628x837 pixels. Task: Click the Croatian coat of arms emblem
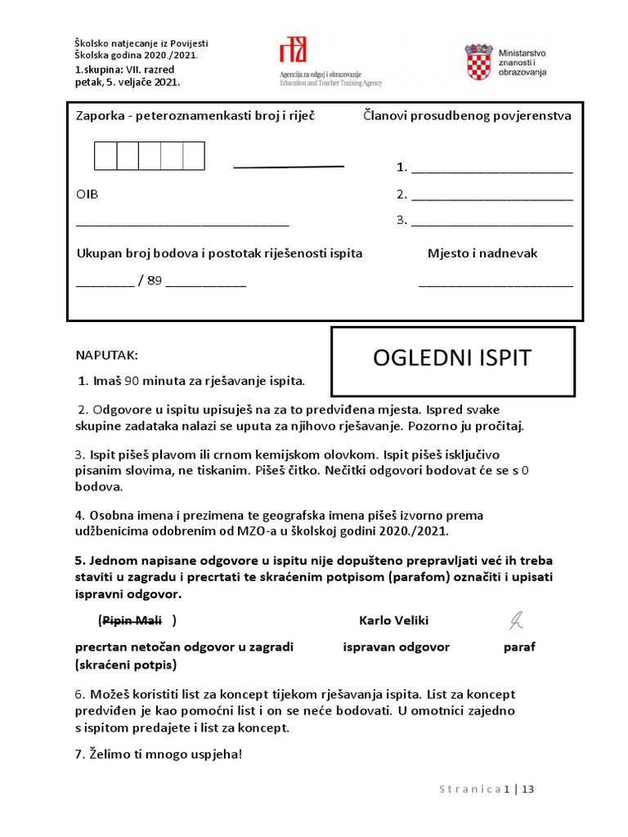[x=479, y=63]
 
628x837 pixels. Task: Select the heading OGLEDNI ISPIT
[x=452, y=358]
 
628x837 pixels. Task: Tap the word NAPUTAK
[x=107, y=356]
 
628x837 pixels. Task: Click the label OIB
[x=87, y=195]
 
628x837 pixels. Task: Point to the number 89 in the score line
[x=155, y=280]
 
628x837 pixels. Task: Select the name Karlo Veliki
[x=393, y=620]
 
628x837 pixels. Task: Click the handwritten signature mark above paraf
[x=516, y=621]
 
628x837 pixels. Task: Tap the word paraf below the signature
[x=519, y=647]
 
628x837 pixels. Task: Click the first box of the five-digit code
[x=105, y=155]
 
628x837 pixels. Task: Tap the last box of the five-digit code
[x=194, y=155]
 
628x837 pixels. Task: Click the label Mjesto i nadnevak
[x=482, y=253]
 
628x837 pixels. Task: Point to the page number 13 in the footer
[x=527, y=790]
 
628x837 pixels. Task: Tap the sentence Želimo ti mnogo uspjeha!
[x=159, y=754]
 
